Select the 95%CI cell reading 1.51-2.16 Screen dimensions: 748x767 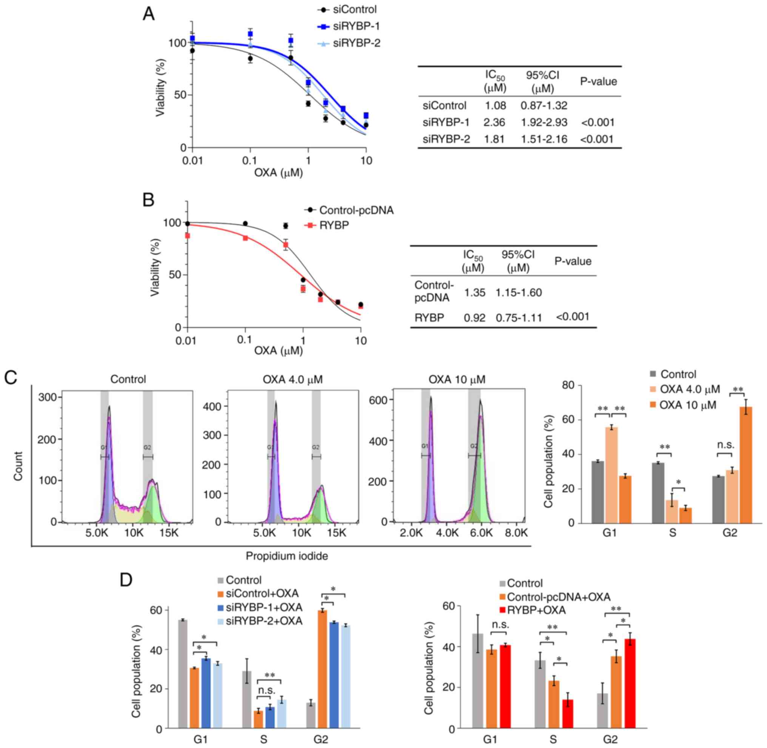tap(544, 139)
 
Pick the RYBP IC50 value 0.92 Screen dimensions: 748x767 tap(474, 318)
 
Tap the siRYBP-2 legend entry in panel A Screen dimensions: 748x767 tap(356, 43)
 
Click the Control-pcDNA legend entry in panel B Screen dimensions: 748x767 tap(356, 210)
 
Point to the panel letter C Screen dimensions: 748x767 tap(11, 378)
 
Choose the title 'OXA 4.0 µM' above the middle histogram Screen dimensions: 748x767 tap(293, 379)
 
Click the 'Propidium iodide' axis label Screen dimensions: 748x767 tap(286, 556)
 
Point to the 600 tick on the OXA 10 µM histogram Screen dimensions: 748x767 tap(379, 399)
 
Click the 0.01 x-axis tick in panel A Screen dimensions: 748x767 tap(192, 161)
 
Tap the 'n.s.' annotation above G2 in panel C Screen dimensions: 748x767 tap(725, 445)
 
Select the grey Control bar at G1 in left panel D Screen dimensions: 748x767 tap(183, 674)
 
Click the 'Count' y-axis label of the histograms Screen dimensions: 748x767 tap(18, 466)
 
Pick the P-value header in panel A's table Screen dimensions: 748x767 tap(598, 82)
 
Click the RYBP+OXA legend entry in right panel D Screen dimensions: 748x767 tap(536, 610)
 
